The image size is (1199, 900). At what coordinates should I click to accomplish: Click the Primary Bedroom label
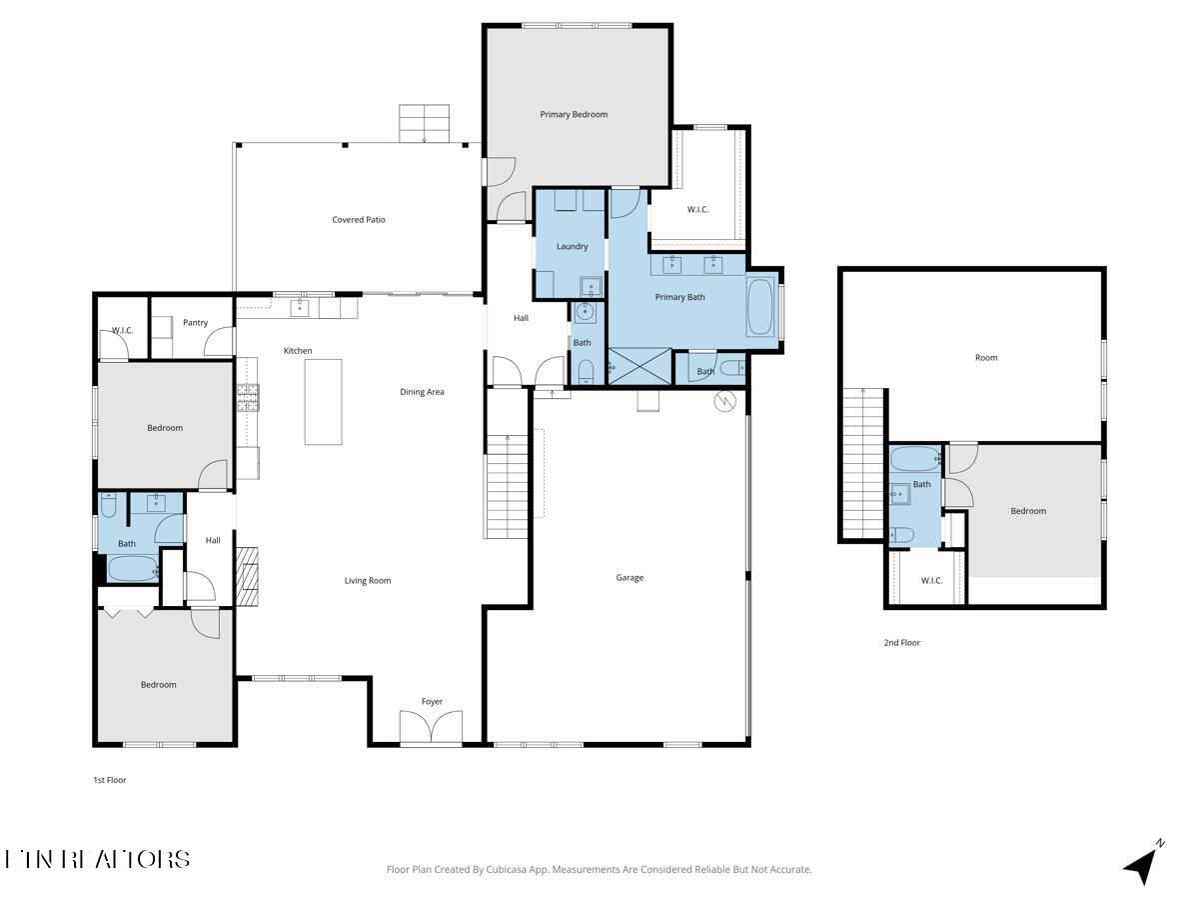click(574, 114)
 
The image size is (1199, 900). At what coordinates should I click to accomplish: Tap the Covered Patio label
click(359, 219)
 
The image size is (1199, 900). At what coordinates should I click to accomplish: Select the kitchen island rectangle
click(323, 402)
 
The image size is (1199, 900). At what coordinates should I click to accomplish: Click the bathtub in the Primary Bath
click(759, 308)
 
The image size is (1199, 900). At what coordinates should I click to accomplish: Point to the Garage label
click(629, 577)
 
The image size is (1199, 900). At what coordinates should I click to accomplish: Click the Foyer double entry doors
click(432, 727)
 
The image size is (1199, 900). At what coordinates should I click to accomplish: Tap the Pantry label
click(196, 322)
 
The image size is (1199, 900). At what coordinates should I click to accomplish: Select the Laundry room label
click(572, 246)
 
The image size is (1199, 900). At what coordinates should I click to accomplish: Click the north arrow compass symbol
click(1142, 863)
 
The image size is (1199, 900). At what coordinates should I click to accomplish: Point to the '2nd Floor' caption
click(901, 643)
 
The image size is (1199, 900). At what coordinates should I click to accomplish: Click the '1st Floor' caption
click(110, 780)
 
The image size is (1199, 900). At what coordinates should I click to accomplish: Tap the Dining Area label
click(422, 392)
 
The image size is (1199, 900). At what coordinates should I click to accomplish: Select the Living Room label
click(368, 580)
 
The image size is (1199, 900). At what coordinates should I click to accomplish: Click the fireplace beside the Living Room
click(247, 576)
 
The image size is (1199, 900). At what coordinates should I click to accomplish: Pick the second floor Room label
click(986, 357)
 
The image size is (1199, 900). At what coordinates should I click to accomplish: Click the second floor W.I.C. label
click(931, 580)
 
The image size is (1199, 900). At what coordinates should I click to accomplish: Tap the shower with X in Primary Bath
click(639, 365)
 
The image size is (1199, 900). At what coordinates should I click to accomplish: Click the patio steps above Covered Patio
click(426, 123)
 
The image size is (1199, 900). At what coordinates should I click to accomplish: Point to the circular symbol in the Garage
click(724, 401)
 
